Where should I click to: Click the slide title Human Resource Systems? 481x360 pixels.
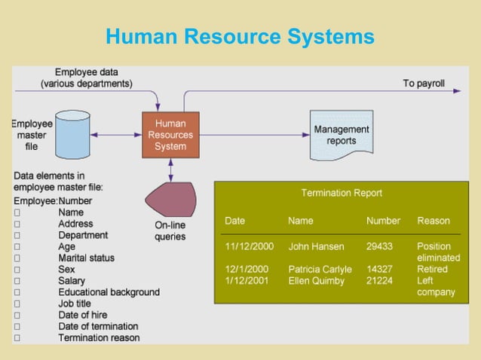[x=240, y=36]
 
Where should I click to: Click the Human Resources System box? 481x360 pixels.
[x=170, y=135]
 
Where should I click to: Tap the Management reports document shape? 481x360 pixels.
[x=341, y=135]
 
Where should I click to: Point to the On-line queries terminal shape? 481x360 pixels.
[x=170, y=200]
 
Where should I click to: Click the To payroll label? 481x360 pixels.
[x=423, y=83]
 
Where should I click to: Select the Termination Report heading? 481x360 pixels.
[x=342, y=193]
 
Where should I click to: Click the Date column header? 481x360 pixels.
[x=234, y=221]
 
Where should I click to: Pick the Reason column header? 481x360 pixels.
[x=434, y=221]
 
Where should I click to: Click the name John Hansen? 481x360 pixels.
[x=316, y=246]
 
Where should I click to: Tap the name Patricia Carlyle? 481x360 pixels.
[x=320, y=269]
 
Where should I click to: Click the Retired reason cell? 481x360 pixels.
[x=433, y=269]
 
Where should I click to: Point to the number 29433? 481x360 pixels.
[x=379, y=246]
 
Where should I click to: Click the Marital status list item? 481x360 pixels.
[x=86, y=258]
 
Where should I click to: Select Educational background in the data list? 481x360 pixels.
[x=109, y=291]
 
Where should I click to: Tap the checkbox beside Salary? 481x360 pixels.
[x=17, y=281]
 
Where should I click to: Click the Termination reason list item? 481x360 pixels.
[x=99, y=338]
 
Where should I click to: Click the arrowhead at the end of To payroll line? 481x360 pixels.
[x=457, y=90]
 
